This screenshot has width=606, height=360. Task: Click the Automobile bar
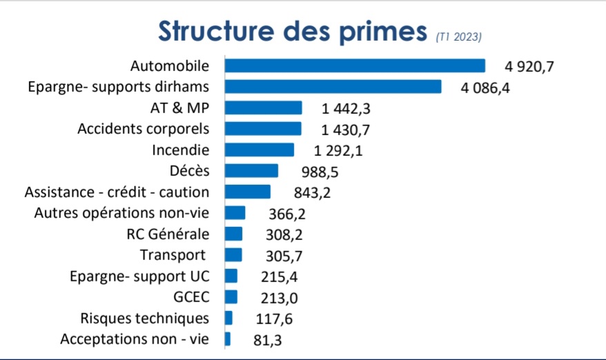355,66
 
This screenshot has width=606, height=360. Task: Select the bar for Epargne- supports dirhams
333,87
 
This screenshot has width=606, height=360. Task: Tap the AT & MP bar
264,108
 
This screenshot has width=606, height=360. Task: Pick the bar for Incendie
260,150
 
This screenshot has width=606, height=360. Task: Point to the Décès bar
251,171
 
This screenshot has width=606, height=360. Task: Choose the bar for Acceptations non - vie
228,339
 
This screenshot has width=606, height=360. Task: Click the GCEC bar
231,297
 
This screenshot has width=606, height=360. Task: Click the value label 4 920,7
529,67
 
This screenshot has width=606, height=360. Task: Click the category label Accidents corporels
143,129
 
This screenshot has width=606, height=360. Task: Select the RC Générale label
168,234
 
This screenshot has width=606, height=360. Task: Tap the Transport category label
172,255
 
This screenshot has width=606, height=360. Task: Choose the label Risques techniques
144,318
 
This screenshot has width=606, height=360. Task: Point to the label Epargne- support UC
139,276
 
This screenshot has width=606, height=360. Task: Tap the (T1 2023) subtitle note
458,37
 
